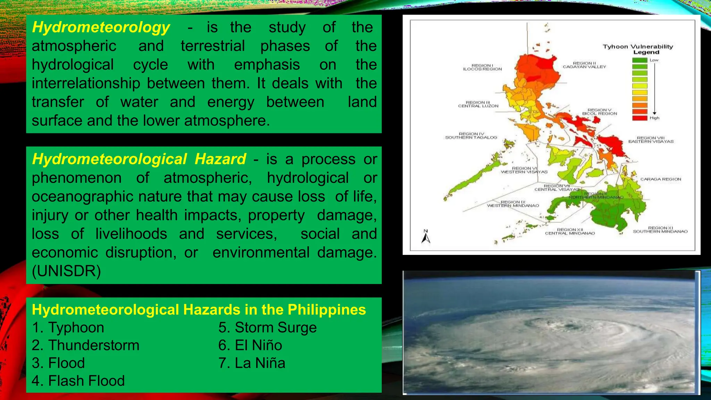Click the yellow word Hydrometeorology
coord(101,27)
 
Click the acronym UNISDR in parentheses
coord(66,271)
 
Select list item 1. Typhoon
coord(68,327)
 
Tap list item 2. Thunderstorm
coord(85,345)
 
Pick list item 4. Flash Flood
coord(78,381)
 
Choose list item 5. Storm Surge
coord(267,327)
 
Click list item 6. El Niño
coord(250,345)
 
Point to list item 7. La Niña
coord(252,363)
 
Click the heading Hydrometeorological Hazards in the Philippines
coord(199,309)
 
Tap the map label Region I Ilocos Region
coord(482,67)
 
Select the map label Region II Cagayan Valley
coord(584,65)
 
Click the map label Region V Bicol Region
coord(600,112)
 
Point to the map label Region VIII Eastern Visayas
coord(651,140)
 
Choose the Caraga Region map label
coord(661,179)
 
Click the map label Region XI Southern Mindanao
coord(660,230)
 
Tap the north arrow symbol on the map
coord(426,237)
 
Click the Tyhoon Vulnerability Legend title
coord(638,49)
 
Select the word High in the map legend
coord(654,118)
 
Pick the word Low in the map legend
coord(654,60)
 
